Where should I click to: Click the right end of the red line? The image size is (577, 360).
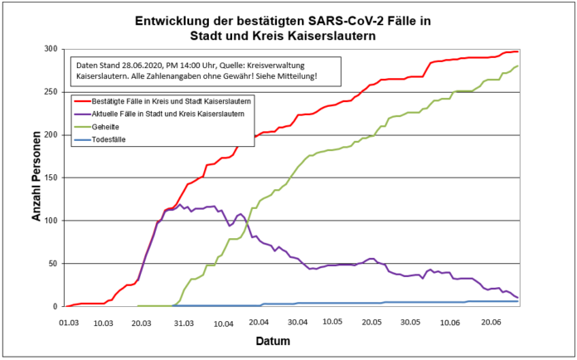pos(517,51)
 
